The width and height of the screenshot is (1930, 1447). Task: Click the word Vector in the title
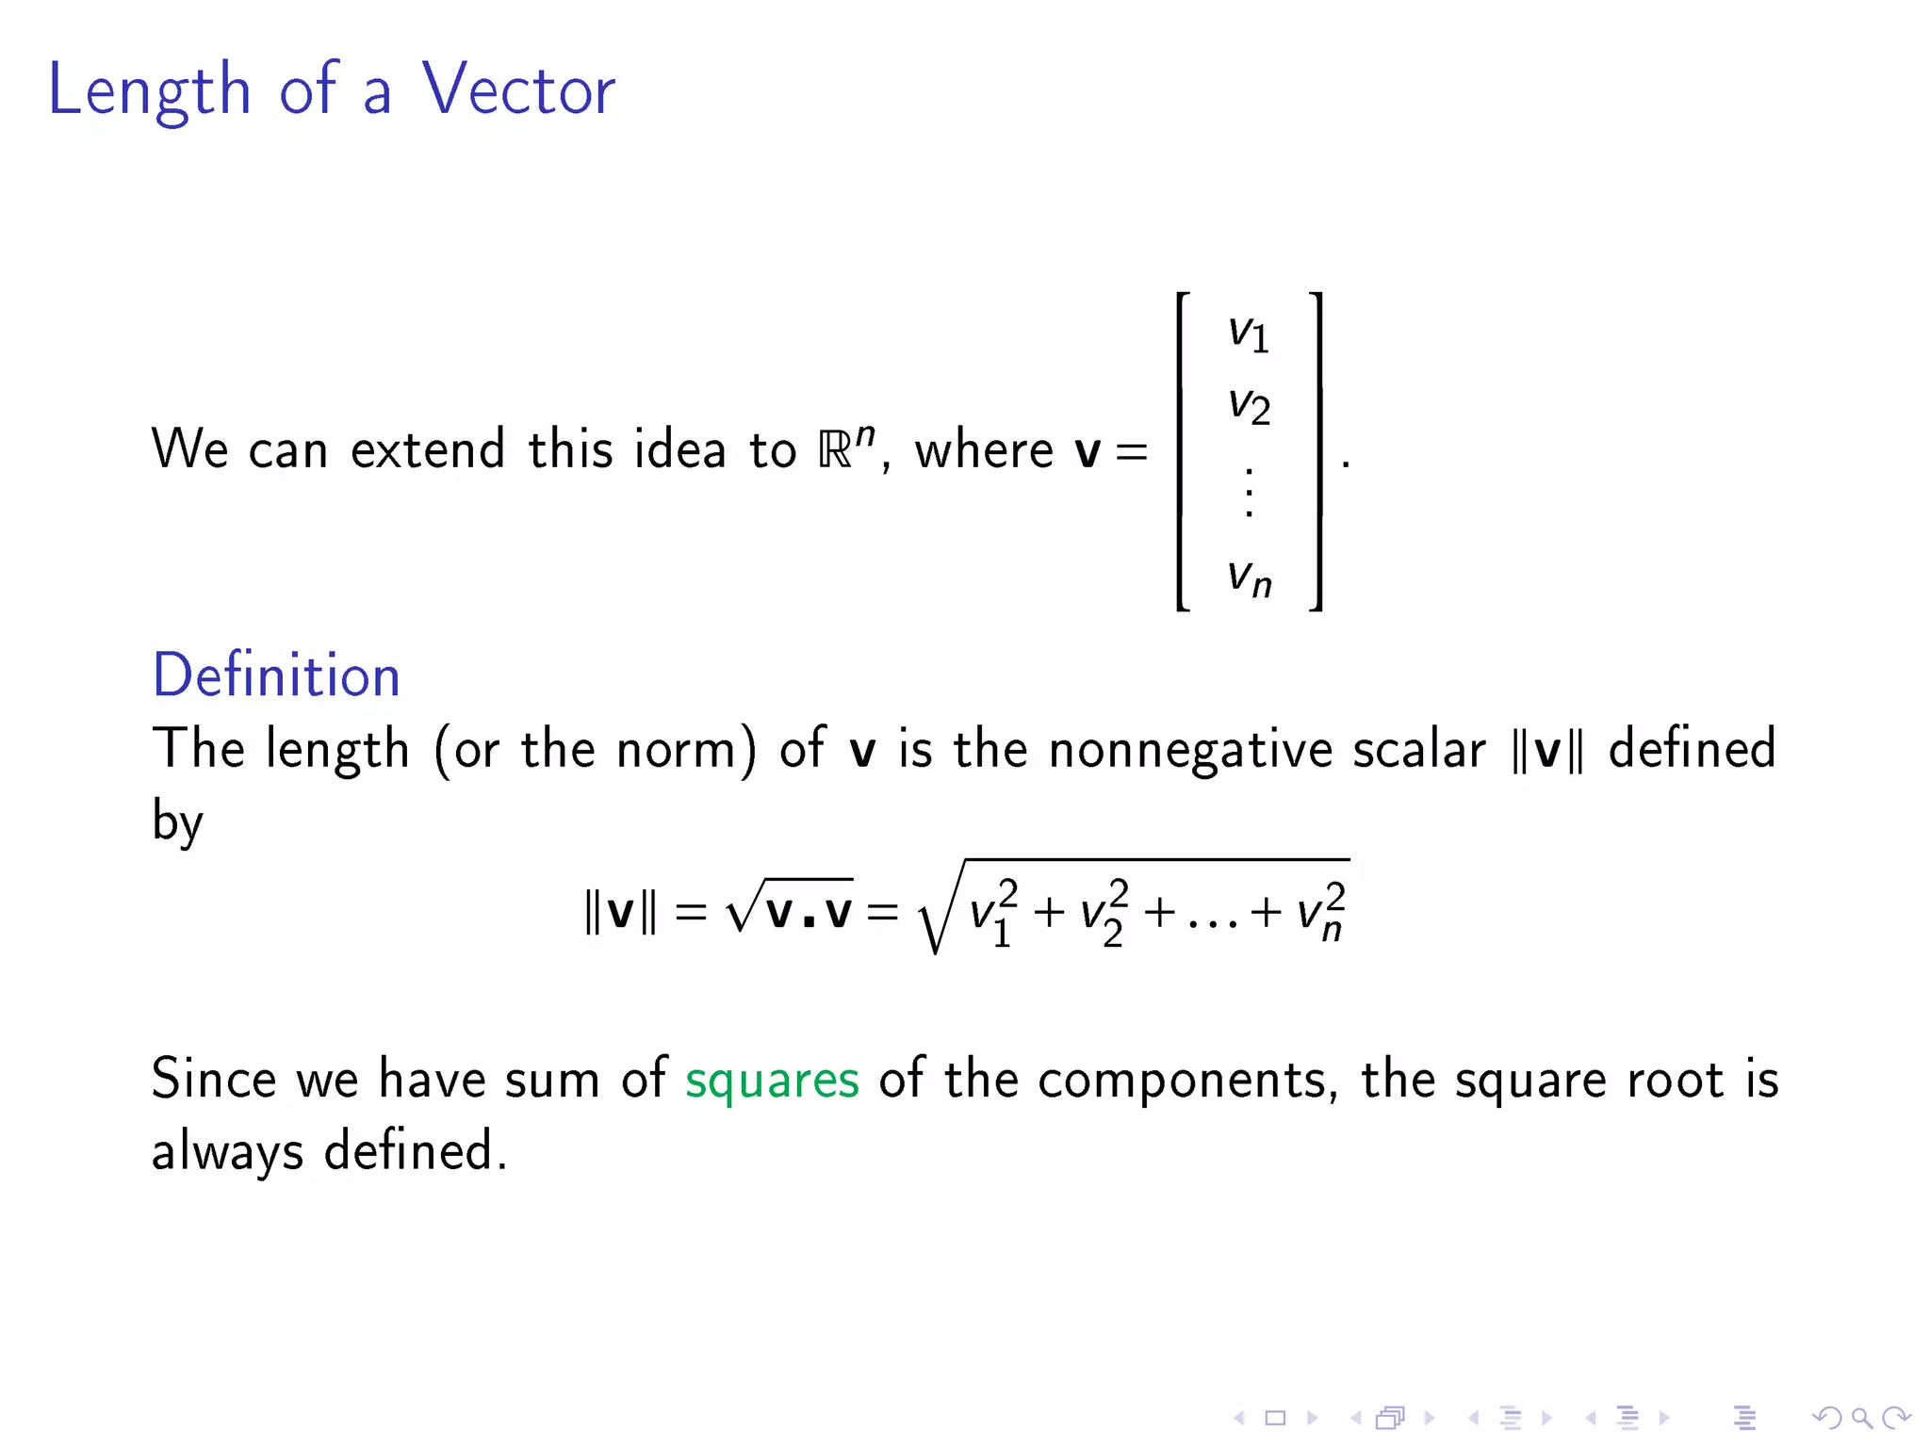coord(517,89)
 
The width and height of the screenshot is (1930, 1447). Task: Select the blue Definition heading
coord(276,675)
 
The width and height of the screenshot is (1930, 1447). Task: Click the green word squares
coord(772,1080)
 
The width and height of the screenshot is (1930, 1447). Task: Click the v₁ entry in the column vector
coord(1249,333)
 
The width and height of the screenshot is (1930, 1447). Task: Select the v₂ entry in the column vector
coord(1249,406)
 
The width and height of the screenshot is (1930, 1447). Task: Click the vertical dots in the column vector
coord(1250,492)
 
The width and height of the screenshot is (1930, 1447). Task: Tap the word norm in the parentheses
coord(676,751)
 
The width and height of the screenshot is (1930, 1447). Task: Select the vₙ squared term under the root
coord(1321,912)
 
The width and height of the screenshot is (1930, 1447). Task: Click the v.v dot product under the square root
coord(809,911)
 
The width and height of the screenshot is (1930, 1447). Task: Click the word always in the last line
coord(227,1152)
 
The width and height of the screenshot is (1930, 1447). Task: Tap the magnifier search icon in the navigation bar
coord(1861,1418)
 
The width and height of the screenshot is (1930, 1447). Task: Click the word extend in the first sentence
coord(428,448)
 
